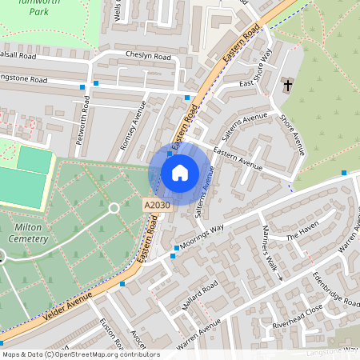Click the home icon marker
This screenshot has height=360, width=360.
pos(180,173)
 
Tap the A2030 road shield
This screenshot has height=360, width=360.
pos(157,206)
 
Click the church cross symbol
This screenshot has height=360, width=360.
pos(287,85)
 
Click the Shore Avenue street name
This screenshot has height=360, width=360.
pos(293,133)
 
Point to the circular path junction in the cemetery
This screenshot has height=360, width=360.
pos(114,208)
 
